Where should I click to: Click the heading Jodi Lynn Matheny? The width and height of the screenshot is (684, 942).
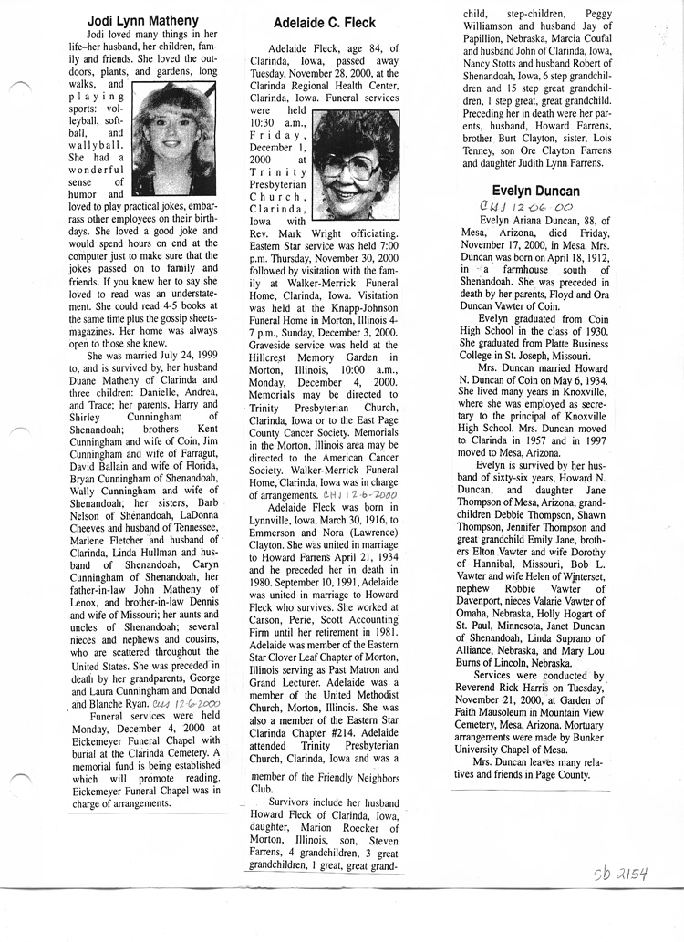click(x=144, y=20)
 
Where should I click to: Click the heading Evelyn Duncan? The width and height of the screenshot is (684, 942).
click(x=535, y=191)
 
